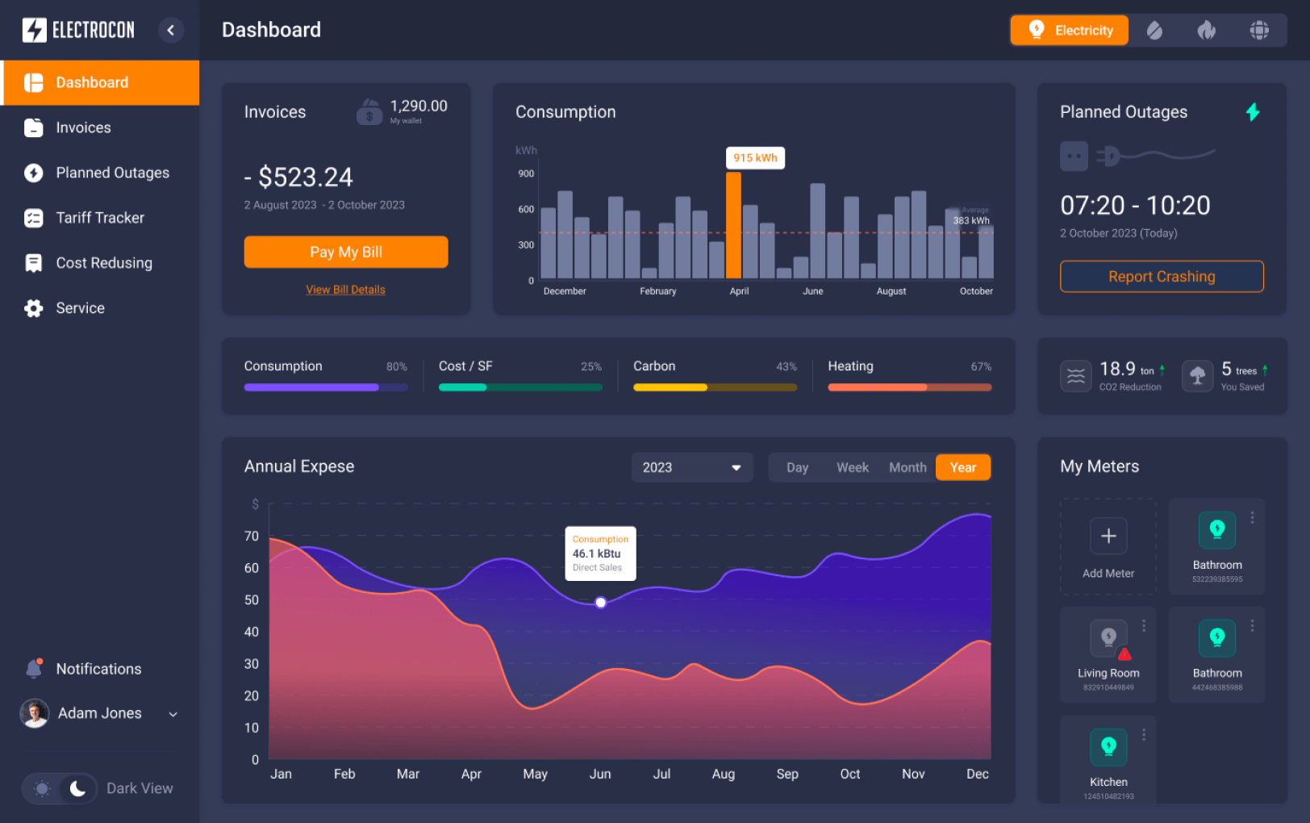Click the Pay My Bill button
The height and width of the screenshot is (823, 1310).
(x=346, y=252)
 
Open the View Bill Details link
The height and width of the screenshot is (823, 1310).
(x=345, y=290)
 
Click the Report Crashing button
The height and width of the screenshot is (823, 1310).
(x=1161, y=277)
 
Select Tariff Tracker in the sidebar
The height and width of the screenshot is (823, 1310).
(x=99, y=218)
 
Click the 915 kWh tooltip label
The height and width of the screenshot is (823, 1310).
(x=755, y=158)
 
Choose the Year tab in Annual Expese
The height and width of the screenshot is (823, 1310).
(x=962, y=467)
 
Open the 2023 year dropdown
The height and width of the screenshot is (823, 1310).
(x=691, y=467)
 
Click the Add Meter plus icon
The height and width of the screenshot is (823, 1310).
(x=1108, y=536)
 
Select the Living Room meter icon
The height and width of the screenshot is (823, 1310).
(x=1108, y=637)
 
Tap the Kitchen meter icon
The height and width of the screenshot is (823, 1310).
(x=1108, y=746)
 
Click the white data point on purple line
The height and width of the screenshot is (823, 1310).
(x=600, y=602)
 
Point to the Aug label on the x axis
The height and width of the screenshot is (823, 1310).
(x=723, y=774)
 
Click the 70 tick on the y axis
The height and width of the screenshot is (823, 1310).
(x=252, y=536)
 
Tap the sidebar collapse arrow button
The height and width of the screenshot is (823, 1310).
(x=170, y=30)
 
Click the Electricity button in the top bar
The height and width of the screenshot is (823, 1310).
(x=1069, y=30)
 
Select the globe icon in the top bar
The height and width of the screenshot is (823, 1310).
(x=1258, y=30)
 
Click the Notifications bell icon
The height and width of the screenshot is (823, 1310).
(x=34, y=668)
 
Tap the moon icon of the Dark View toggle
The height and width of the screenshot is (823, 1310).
(x=77, y=788)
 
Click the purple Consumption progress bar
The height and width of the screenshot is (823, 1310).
(x=311, y=387)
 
